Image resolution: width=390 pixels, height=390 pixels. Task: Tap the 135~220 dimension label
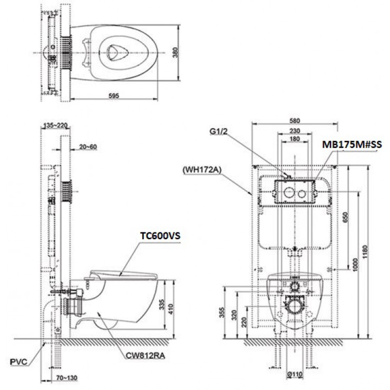click(56, 126)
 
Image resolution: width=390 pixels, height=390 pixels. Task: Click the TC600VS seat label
click(160, 237)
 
